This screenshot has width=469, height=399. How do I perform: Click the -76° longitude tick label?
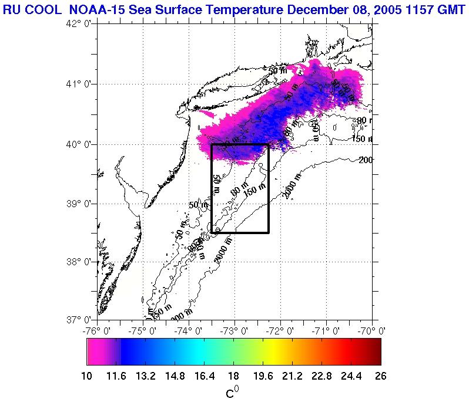[x=96, y=331]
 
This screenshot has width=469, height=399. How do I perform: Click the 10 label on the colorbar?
[x=87, y=376]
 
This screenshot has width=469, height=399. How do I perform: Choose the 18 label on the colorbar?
[x=233, y=376]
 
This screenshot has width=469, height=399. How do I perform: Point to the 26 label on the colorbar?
[x=380, y=376]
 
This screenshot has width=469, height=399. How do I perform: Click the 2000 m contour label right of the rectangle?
[x=292, y=186]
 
